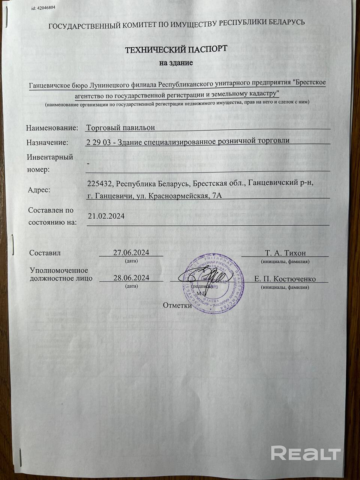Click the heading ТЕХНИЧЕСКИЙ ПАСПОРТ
[176, 49]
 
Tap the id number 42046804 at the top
[48, 7]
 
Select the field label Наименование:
[52, 128]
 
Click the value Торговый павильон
[120, 127]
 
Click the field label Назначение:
[48, 142]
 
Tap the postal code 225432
[100, 183]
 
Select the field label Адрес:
[39, 190]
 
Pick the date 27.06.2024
[131, 252]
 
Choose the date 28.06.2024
[131, 277]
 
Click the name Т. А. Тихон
[285, 253]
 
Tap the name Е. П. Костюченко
[285, 279]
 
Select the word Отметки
[177, 305]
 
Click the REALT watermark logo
[306, 453]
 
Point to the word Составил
[45, 253]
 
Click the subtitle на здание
[176, 63]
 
